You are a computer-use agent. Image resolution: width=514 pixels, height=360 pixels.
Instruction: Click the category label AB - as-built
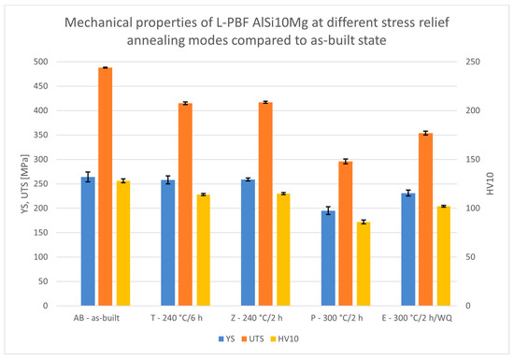pyautogui.click(x=105, y=318)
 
